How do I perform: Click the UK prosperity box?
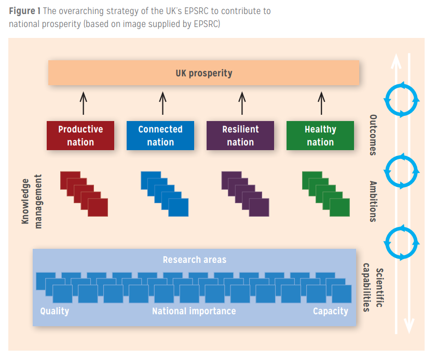tap(203, 73)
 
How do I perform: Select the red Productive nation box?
tap(80, 136)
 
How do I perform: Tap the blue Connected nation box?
tap(160, 136)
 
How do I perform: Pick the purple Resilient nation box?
tap(240, 136)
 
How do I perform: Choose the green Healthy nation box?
tap(320, 136)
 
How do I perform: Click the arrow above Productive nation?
tap(83, 103)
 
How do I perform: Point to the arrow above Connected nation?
tap(162, 103)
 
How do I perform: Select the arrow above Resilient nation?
tap(242, 103)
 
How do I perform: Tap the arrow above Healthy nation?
tap(321, 103)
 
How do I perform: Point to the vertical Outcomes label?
tap(373, 135)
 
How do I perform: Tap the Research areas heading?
tap(195, 260)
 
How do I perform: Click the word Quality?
tap(55, 311)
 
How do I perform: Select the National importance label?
tap(194, 311)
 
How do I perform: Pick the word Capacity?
tap(330, 311)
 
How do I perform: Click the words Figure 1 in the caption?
tap(25, 11)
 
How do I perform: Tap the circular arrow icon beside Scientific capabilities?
tap(401, 242)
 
